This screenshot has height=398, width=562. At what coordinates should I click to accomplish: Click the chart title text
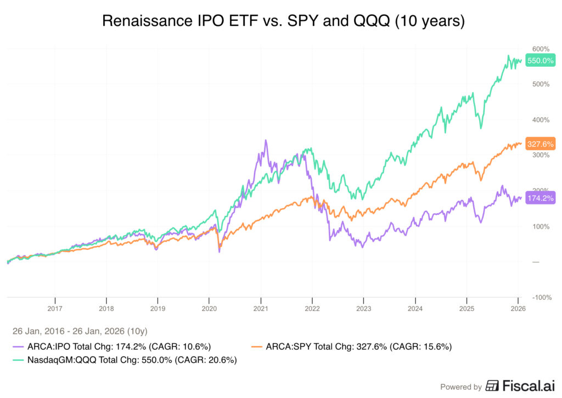(280, 21)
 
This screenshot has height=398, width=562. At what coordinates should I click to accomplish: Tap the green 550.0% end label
(540, 61)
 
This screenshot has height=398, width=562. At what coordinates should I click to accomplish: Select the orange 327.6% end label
(540, 144)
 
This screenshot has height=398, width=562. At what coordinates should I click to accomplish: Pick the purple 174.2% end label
(540, 198)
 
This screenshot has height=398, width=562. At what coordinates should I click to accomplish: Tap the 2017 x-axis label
(55, 308)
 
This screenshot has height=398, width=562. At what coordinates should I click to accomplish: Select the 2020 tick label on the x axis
(209, 308)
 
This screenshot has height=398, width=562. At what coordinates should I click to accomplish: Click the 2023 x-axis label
(363, 308)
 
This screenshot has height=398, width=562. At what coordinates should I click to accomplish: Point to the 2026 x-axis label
(518, 308)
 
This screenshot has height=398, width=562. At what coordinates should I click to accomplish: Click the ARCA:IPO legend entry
(112, 346)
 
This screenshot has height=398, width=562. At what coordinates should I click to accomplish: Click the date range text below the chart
(80, 331)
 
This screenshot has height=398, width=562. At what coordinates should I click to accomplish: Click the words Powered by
(462, 386)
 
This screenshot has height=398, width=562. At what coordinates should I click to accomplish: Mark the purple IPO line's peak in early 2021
(266, 140)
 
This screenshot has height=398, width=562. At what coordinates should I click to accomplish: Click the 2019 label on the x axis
(158, 308)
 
